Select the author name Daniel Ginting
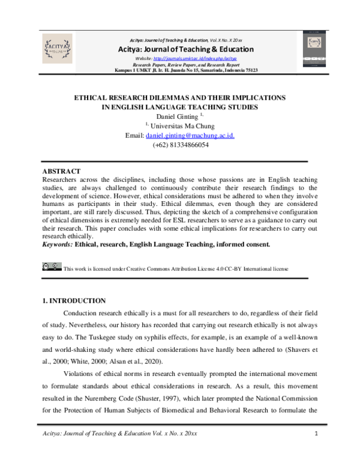click(178, 116)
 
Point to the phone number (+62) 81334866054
click(181, 145)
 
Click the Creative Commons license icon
click(52, 266)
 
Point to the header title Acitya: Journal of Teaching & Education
click(186, 49)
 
